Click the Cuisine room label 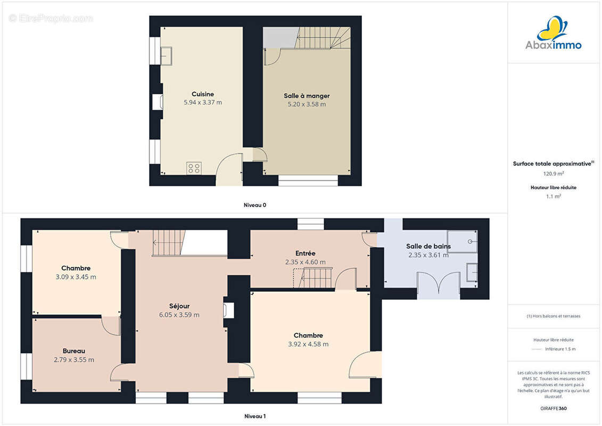click(203, 94)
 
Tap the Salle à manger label click(307, 96)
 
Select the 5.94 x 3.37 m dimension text click(203, 103)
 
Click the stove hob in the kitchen click(194, 168)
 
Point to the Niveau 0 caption click(255, 205)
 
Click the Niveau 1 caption click(255, 416)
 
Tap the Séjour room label click(179, 306)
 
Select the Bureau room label click(73, 351)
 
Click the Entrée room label click(305, 253)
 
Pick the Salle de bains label click(428, 246)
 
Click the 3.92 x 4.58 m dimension click(308, 344)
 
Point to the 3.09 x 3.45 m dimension click(76, 277)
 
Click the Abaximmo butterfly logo click(552, 28)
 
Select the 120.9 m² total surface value click(553, 174)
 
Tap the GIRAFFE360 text click(553, 408)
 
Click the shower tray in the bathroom click(462, 241)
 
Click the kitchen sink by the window click(166, 56)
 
